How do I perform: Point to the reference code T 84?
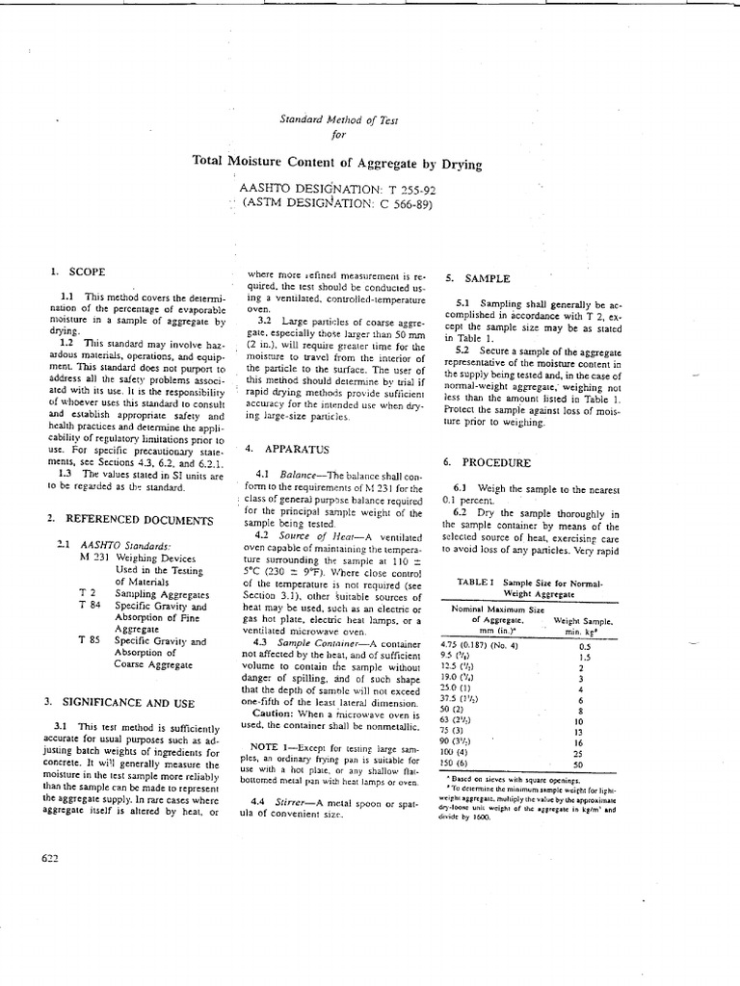tap(91, 608)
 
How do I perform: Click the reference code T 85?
tap(91, 641)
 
